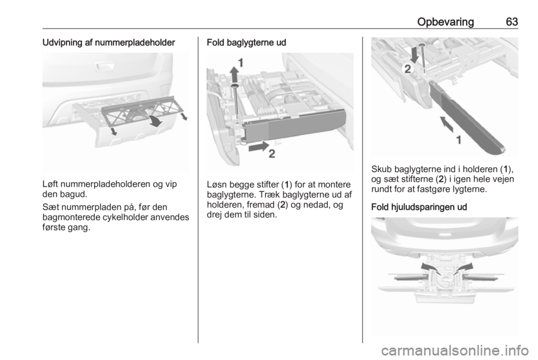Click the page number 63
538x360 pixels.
[x=512, y=22]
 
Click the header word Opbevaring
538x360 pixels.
[x=446, y=22]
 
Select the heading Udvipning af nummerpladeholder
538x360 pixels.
[x=109, y=43]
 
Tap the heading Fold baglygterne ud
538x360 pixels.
[x=247, y=43]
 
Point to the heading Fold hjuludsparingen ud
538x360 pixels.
[x=419, y=207]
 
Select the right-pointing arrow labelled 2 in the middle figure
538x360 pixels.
[x=259, y=146]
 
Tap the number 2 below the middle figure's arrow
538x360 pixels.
[x=272, y=154]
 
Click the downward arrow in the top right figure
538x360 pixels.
[x=415, y=55]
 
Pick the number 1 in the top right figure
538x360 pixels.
[x=458, y=140]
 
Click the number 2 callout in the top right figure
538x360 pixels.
[x=407, y=70]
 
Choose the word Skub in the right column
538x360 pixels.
[x=382, y=169]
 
